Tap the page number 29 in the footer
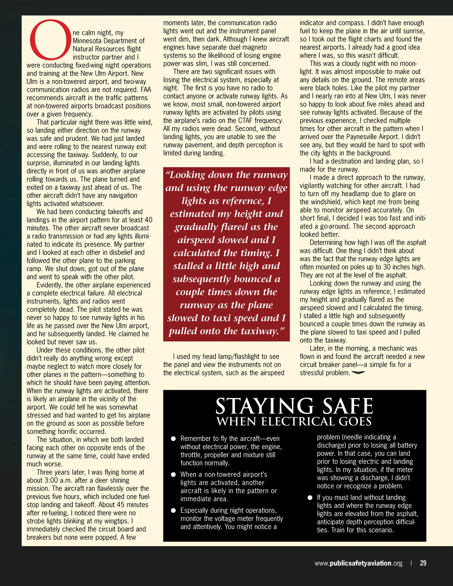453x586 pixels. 423,563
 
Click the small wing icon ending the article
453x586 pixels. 358,373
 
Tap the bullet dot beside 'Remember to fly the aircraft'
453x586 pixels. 174,438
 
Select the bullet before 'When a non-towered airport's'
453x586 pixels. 174,475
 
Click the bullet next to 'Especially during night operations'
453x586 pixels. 174,511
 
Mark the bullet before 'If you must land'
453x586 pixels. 310,498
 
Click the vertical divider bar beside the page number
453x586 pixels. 411,563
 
